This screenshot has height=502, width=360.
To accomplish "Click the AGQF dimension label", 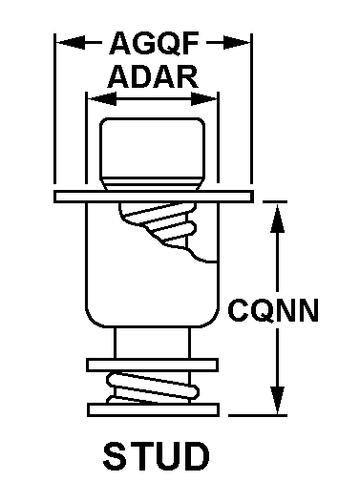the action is pos(155,43).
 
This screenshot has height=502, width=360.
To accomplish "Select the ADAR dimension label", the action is pos(153,77).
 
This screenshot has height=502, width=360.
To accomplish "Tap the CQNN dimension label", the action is pos(273,310).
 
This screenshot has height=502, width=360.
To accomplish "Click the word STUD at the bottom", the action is pos(156,455).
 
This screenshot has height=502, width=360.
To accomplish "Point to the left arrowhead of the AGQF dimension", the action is pos(71,42).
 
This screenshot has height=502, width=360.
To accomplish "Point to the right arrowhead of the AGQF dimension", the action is pos(237,43).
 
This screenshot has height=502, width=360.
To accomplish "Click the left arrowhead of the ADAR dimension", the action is pos(102,98).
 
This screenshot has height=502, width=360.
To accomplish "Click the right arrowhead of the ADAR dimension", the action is pos(204,98).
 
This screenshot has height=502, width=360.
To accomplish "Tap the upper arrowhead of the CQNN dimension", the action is pos(277,219).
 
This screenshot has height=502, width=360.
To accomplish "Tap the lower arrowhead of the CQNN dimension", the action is pos(277,400).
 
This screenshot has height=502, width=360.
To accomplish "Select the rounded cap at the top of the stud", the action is pos(153,154).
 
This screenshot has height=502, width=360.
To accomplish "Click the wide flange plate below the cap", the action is pos(154,197).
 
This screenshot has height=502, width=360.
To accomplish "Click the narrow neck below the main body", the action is pos(153,343).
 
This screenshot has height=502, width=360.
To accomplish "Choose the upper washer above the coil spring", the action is pos(153,365).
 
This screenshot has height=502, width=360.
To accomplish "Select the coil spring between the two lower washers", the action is pos(153,387).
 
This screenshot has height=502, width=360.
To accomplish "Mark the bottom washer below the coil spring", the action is pos(154,409).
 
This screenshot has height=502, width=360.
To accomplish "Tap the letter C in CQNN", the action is pos(239,310).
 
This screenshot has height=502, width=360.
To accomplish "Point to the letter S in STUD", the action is pos(115,455).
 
